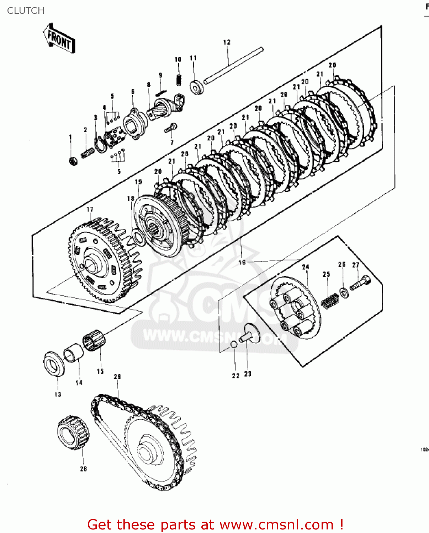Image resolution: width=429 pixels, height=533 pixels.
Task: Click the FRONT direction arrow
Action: click(59, 39)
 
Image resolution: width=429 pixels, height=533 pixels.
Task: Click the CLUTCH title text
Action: click(26, 11)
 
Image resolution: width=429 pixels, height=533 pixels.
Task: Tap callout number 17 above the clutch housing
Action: click(90, 210)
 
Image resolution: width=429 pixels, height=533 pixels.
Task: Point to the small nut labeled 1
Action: click(73, 161)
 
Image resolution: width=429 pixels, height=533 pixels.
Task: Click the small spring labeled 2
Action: click(88, 153)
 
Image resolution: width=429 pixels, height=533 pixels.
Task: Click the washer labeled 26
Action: click(344, 293)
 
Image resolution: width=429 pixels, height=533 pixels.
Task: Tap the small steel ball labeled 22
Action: click(234, 344)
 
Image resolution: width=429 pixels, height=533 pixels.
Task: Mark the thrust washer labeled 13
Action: click(54, 364)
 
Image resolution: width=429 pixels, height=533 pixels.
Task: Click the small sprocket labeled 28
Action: click(73, 432)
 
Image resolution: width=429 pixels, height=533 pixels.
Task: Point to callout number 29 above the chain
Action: click(117, 377)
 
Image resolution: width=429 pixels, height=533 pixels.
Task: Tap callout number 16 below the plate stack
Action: click(242, 262)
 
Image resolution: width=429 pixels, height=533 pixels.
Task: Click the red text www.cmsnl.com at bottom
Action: click(276, 524)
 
